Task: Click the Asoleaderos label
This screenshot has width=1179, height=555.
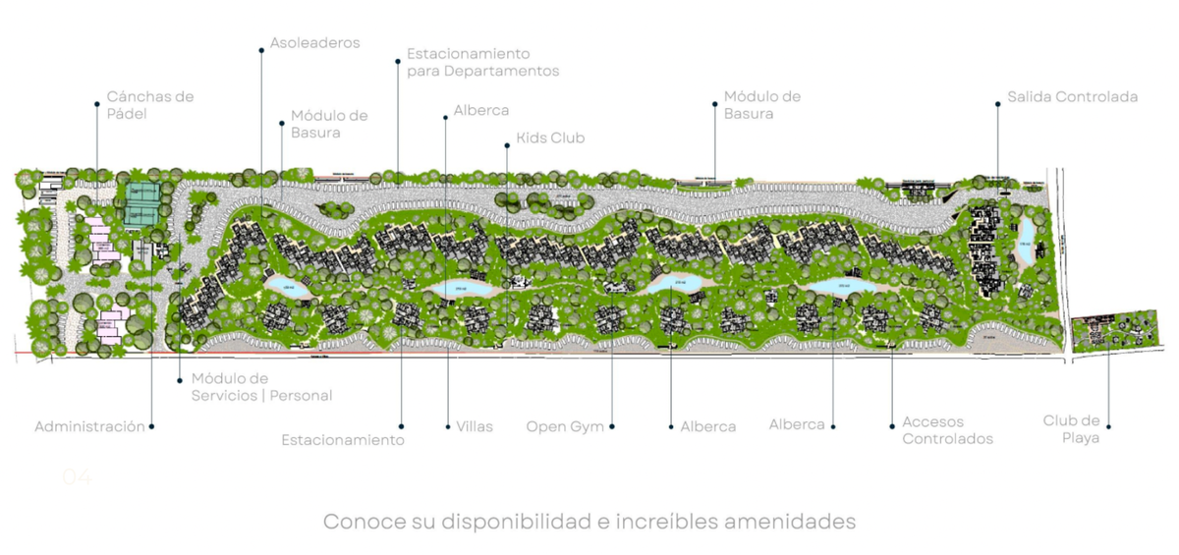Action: (314, 43)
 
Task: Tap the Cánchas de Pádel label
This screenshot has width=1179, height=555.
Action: (149, 105)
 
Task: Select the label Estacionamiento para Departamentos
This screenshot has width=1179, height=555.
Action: (482, 62)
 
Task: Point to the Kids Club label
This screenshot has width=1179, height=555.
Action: (550, 138)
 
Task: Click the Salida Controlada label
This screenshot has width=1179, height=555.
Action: (1072, 97)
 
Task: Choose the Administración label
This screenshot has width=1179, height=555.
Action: (89, 426)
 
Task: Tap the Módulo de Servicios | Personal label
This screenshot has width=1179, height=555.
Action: (261, 387)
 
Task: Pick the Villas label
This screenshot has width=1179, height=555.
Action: (475, 426)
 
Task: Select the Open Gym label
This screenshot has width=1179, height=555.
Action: (565, 426)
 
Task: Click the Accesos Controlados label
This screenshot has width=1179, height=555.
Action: (947, 430)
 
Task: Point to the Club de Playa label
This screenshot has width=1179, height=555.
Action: (1071, 429)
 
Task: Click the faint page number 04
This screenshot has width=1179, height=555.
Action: (77, 477)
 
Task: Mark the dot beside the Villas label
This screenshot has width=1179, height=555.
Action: (446, 426)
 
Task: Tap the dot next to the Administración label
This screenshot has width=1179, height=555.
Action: (153, 426)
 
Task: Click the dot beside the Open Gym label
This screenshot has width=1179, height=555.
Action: (613, 426)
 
